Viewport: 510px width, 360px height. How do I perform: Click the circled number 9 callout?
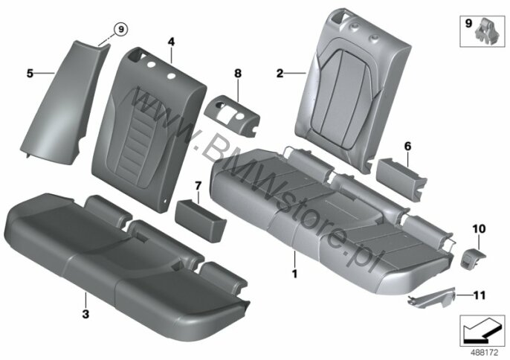120,29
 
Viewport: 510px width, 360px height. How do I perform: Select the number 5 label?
30,74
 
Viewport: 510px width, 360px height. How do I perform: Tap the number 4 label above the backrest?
171,42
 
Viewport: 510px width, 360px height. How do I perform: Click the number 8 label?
238,74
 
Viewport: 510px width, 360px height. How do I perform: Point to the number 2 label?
280,74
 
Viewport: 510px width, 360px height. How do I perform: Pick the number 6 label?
407,147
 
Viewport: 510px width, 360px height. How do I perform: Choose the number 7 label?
198,186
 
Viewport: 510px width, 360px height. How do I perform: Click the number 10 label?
479,229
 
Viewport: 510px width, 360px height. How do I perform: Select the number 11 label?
480,295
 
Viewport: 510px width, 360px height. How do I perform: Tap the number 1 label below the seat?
294,274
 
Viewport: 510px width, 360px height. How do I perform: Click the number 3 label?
85,314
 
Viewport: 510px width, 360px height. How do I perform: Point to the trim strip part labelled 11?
432,298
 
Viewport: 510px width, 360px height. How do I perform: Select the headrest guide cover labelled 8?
233,113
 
